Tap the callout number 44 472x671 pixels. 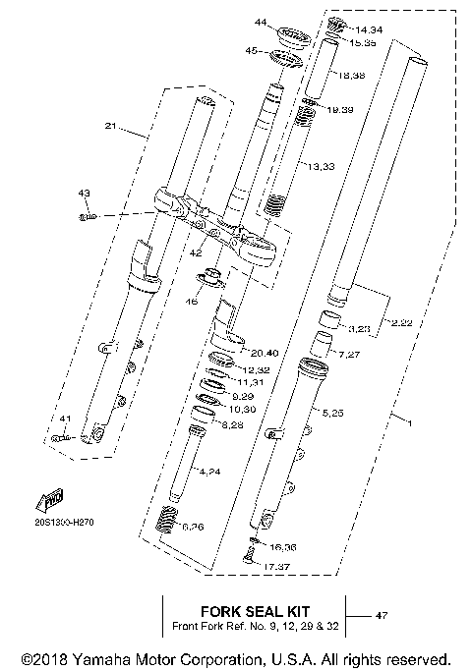261,22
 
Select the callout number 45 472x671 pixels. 252,50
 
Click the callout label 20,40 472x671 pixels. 265,353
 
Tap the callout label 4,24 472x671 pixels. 209,473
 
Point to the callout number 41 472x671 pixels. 65,419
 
